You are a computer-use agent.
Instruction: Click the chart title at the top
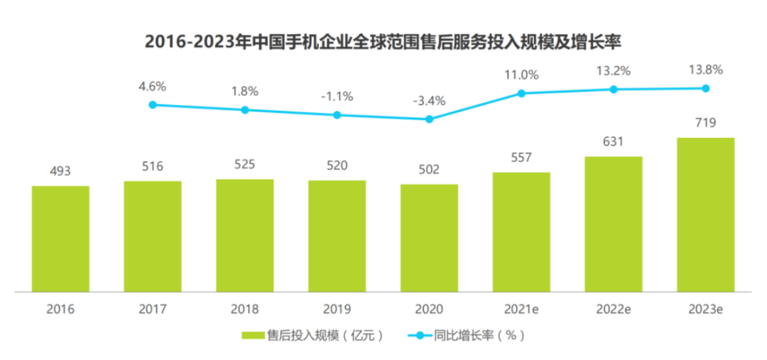[383, 42]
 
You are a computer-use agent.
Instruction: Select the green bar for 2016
[60, 239]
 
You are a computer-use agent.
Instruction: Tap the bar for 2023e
[705, 214]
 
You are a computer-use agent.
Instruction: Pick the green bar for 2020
[429, 238]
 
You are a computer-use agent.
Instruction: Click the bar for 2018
[244, 235]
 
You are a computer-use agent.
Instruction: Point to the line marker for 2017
[153, 104]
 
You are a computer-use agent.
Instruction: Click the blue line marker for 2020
[429, 119]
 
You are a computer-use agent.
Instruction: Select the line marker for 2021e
[521, 93]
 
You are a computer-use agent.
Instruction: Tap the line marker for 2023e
[706, 88]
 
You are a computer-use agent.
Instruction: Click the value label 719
[705, 124]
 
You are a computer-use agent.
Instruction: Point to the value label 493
[60, 171]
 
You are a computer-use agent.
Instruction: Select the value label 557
[521, 158]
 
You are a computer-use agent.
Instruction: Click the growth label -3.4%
[429, 101]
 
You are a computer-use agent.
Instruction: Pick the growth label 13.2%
[614, 71]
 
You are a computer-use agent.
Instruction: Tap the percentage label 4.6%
[153, 87]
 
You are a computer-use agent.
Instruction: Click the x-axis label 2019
[337, 309]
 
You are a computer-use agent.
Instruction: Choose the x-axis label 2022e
[614, 309]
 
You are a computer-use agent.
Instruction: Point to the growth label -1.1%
[337, 97]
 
